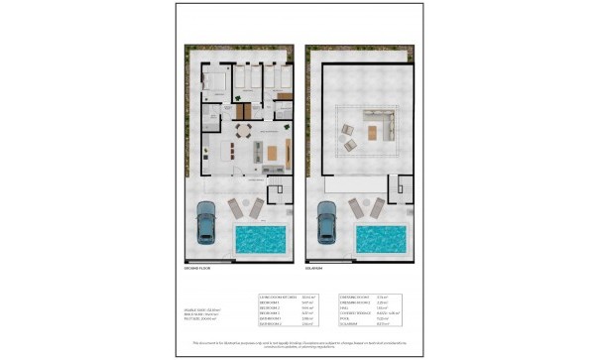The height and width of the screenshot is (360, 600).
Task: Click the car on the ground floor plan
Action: (x=207, y=223)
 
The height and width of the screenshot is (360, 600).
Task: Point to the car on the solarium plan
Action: (x=326, y=223)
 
